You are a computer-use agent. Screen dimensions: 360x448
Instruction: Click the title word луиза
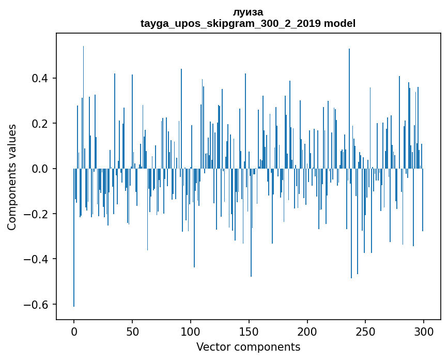[248, 12]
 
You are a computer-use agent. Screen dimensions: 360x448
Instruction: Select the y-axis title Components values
[12, 177]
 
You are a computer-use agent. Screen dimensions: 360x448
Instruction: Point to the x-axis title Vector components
[248, 347]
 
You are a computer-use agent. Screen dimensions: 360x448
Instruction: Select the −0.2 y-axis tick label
[36, 214]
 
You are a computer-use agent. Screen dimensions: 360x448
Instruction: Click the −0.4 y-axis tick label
[36, 259]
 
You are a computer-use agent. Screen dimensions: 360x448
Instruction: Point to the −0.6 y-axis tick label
[36, 305]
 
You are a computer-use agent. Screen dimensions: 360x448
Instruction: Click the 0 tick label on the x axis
[74, 332]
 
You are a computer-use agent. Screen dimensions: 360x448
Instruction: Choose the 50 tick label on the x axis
[132, 332]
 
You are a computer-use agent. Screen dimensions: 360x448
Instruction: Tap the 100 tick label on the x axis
[191, 332]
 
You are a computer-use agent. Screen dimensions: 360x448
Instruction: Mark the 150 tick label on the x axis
[249, 332]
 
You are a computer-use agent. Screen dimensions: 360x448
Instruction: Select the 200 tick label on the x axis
[307, 332]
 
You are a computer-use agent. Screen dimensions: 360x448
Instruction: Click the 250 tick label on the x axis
[366, 332]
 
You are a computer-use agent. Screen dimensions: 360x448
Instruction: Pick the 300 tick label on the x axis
[424, 332]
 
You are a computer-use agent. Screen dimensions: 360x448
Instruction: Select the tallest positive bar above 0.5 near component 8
[83, 103]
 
